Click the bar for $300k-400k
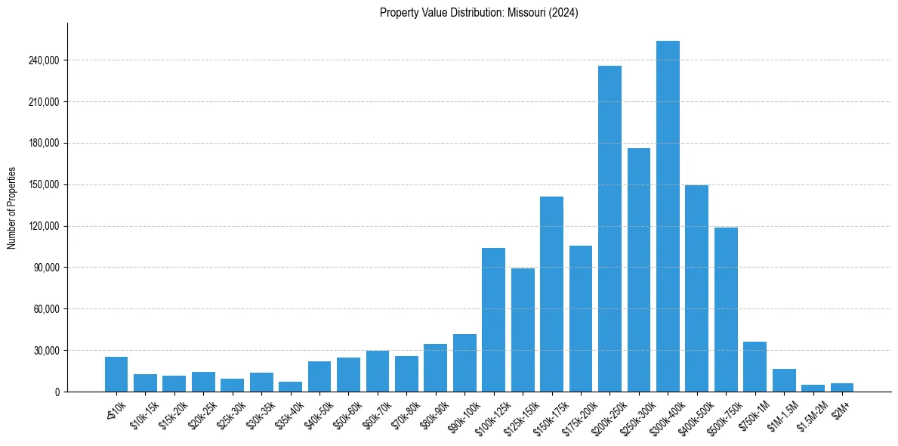668,216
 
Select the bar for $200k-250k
609,228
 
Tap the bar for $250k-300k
639,270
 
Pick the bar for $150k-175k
551,294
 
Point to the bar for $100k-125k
493,320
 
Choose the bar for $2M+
842,388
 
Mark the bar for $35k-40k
290,387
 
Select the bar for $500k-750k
726,309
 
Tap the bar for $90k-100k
464,363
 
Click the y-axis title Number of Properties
11,207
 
